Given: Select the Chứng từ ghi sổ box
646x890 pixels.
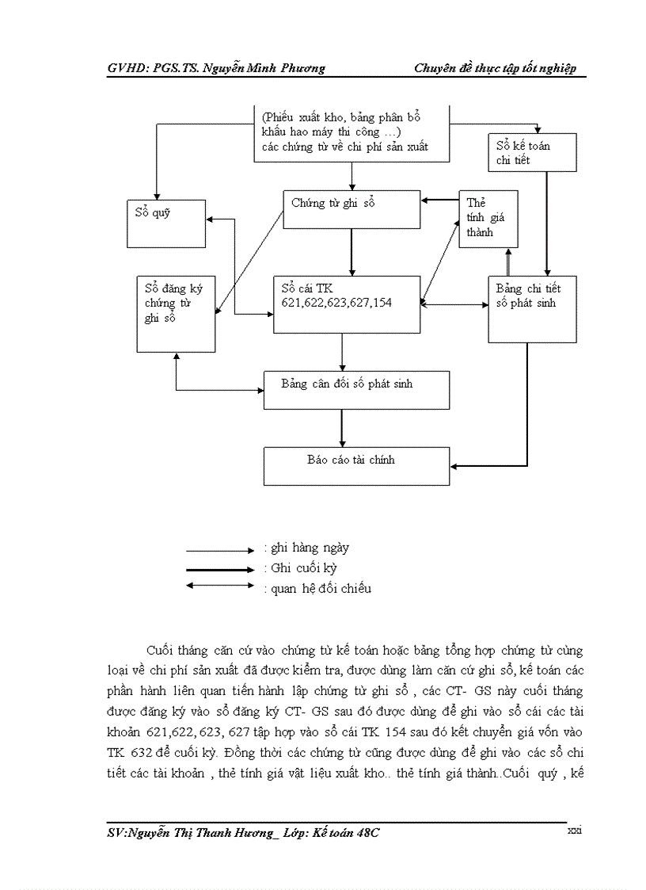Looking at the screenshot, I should click(351, 209).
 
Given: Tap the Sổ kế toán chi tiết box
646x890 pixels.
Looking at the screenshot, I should click(532, 152).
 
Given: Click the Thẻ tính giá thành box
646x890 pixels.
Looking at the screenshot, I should click(488, 219).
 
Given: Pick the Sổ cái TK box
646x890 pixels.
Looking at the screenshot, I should click(347, 304).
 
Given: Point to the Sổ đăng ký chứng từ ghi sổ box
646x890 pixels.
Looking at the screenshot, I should click(177, 313).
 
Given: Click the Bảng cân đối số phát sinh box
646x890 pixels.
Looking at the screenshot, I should click(356, 390).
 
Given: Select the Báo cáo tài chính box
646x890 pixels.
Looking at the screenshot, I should click(356, 465).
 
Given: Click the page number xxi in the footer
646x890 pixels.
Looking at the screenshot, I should click(575, 830).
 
